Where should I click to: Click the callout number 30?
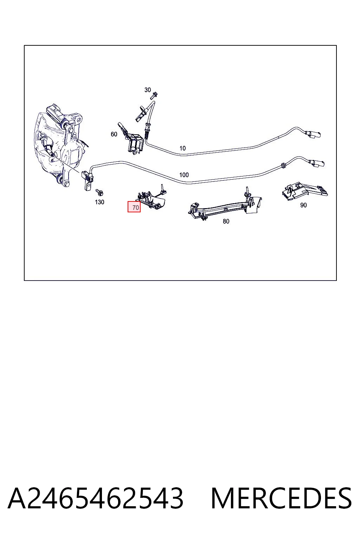[147, 90]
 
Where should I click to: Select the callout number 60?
[114, 134]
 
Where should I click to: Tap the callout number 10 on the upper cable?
[182, 148]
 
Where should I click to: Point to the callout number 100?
[184, 175]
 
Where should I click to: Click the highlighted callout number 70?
[134, 207]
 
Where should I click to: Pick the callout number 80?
[226, 221]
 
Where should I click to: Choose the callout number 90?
[303, 205]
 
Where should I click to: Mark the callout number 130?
[99, 202]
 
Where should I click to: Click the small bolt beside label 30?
[154, 96]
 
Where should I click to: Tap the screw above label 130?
[99, 192]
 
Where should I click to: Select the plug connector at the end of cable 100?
[318, 163]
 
